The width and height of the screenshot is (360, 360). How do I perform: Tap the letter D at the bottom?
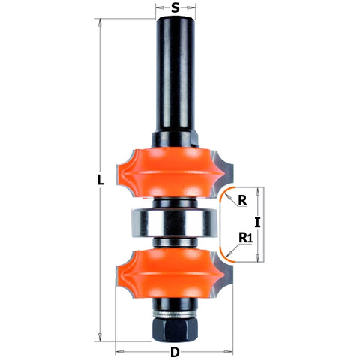pyautogui.click(x=175, y=352)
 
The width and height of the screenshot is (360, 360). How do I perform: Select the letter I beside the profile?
pyautogui.click(x=256, y=222)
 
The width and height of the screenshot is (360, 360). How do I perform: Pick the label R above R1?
pyautogui.click(x=242, y=200)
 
